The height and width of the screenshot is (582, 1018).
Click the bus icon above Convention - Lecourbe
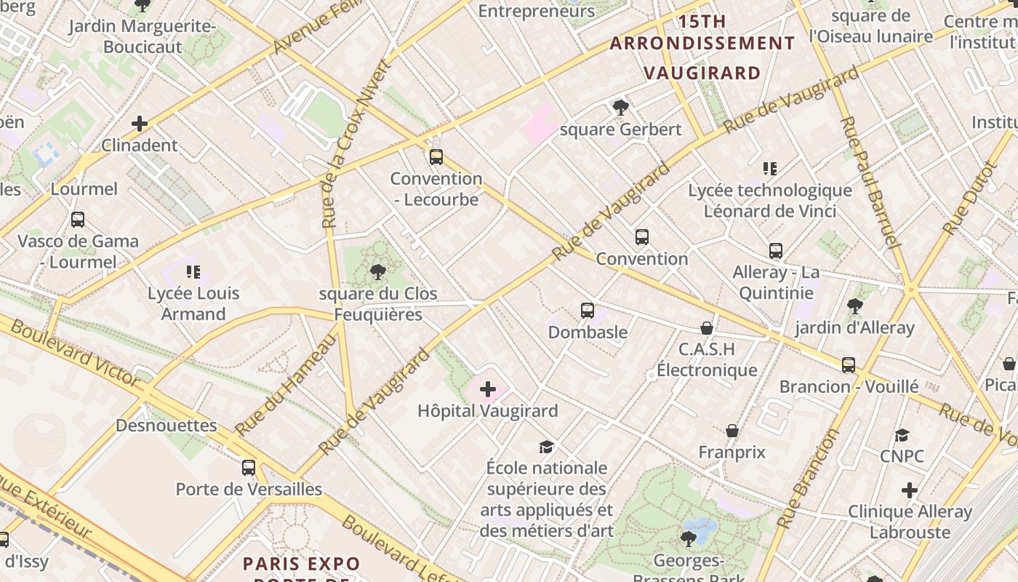pyautogui.click(x=436, y=156)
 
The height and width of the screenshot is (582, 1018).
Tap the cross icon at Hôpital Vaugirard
pyautogui.click(x=488, y=390)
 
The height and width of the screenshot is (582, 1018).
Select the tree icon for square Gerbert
pyautogui.click(x=621, y=108)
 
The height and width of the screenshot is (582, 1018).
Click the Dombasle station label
pyautogui.click(x=588, y=332)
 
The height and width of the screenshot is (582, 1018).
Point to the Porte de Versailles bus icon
pyautogui.click(x=249, y=468)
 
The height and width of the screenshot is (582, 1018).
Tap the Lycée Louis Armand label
pyautogui.click(x=193, y=304)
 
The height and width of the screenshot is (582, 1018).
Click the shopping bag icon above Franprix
pyautogui.click(x=732, y=431)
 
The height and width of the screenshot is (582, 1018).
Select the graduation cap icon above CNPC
pyautogui.click(x=902, y=435)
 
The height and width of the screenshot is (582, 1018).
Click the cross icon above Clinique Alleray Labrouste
pyautogui.click(x=910, y=490)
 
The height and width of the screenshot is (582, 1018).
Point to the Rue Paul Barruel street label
pyautogui.click(x=870, y=182)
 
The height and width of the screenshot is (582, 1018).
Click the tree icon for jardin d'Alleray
pyautogui.click(x=854, y=306)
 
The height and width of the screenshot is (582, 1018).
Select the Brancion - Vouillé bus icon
pyautogui.click(x=849, y=364)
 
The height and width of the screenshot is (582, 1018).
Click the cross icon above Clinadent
pyautogui.click(x=140, y=124)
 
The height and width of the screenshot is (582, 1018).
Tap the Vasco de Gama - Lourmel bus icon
pyautogui.click(x=78, y=219)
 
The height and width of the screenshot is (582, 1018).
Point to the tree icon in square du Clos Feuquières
pyautogui.click(x=377, y=272)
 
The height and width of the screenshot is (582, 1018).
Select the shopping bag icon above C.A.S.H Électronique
pyautogui.click(x=707, y=328)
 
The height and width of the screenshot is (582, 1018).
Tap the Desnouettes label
pyautogui.click(x=166, y=426)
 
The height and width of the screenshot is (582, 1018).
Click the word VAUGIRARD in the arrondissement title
pyautogui.click(x=702, y=73)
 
